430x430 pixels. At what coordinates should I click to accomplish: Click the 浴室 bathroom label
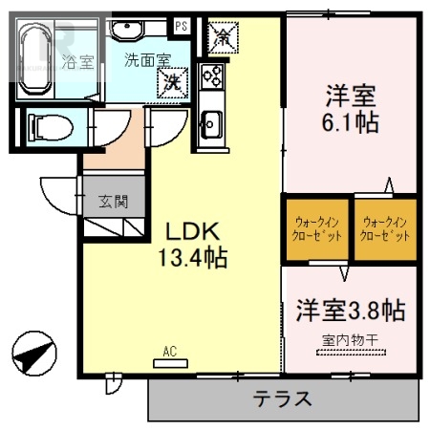click(x=78, y=63)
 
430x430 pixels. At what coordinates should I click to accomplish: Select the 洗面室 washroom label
click(x=145, y=59)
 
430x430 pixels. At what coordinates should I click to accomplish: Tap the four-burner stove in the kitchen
click(x=211, y=75)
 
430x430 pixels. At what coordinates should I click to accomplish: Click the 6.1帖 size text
click(x=351, y=125)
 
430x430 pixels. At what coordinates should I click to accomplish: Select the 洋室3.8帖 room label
click(x=350, y=311)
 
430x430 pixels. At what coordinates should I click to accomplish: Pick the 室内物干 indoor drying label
click(x=350, y=339)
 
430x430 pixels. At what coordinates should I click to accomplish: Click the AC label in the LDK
click(x=170, y=352)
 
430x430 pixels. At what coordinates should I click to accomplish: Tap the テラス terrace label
click(x=283, y=398)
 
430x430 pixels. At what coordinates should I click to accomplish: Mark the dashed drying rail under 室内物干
click(x=351, y=354)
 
